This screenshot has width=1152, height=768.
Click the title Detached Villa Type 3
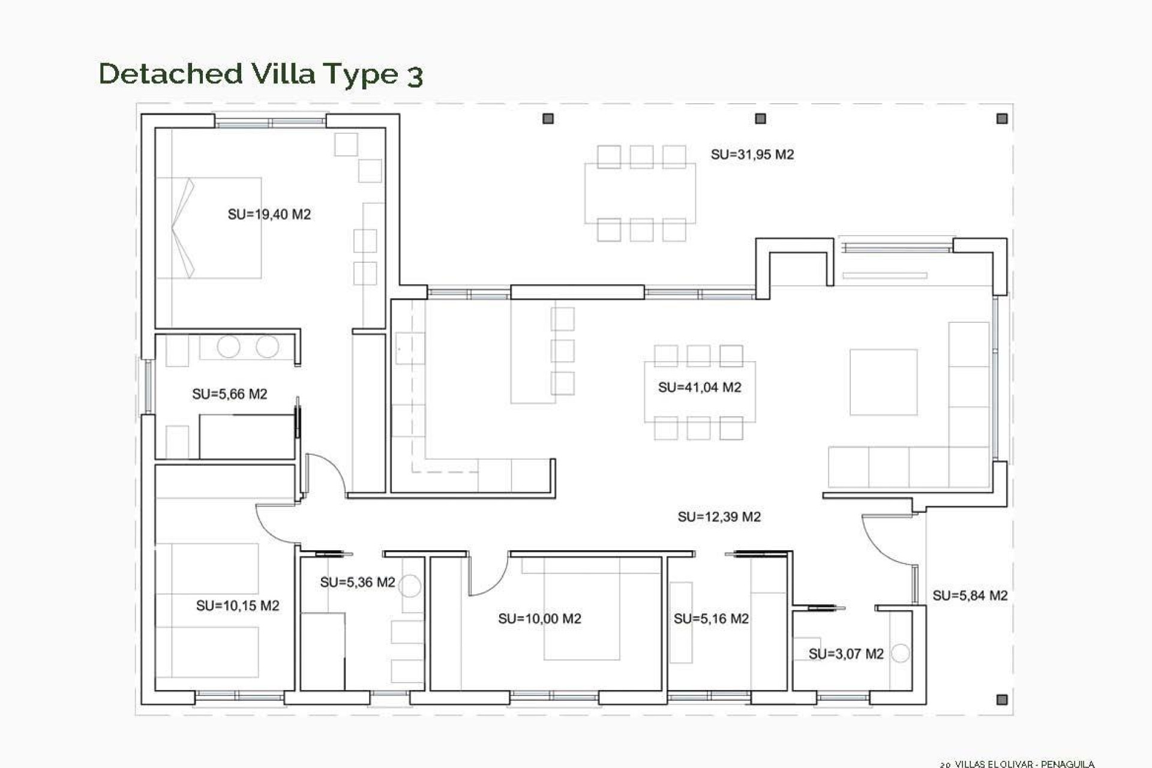(261, 74)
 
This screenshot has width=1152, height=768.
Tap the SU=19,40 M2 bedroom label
(269, 214)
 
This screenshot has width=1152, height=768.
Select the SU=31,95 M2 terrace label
(752, 154)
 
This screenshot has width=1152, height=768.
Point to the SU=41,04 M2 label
(700, 388)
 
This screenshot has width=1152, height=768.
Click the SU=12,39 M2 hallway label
(719, 517)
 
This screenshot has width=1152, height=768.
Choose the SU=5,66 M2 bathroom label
(229, 394)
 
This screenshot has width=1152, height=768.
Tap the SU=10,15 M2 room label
(238, 606)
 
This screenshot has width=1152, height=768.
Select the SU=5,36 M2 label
(357, 582)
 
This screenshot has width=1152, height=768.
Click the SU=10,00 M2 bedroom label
(539, 619)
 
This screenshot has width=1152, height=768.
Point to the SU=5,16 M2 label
(711, 619)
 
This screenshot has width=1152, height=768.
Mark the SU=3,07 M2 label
(845, 654)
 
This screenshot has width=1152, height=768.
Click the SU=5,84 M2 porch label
(970, 596)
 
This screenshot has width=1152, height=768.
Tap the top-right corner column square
(1002, 119)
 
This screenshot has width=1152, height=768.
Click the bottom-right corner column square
(1002, 700)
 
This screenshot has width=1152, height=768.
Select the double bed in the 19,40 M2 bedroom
(209, 227)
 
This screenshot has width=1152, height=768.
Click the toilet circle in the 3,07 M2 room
(900, 653)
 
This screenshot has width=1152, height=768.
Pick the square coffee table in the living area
(883, 382)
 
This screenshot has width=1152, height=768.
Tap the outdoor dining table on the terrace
(640, 193)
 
